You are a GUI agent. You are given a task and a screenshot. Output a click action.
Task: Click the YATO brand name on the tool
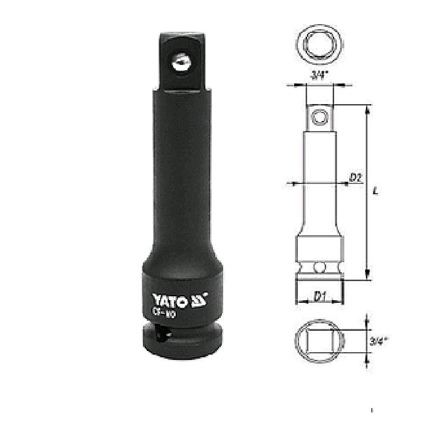[x=169, y=300]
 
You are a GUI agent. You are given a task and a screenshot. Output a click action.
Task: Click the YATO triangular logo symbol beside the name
[x=199, y=299]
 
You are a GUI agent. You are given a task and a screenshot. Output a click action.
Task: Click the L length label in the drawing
[x=376, y=191]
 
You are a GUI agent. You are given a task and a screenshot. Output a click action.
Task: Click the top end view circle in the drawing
[x=319, y=43]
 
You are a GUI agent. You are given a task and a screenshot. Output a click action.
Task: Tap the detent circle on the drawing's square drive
[x=319, y=116]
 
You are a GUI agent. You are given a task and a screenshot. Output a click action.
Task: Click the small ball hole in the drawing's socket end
[x=319, y=269]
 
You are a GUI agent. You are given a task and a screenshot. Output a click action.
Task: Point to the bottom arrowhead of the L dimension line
[x=367, y=276]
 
